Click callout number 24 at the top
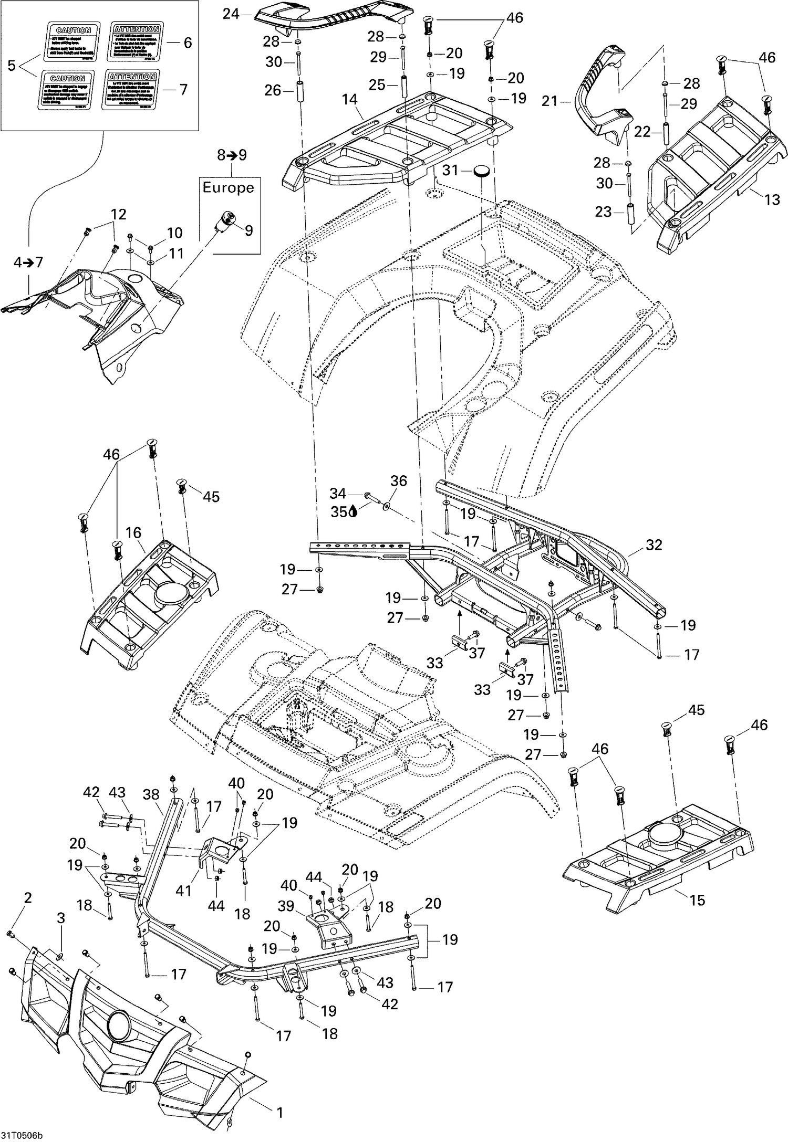tap(231, 14)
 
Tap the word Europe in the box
tap(228, 187)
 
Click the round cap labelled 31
tap(482, 171)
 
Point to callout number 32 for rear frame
tap(654, 545)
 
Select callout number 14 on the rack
tap(349, 99)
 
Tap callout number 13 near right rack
tap(772, 200)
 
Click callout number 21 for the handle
tap(549, 100)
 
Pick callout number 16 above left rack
tap(133, 532)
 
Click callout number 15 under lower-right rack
tap(697, 900)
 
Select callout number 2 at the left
tap(28, 897)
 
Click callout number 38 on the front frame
tap(151, 794)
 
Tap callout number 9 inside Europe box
tap(248, 230)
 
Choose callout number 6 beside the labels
tap(188, 43)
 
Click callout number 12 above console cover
tap(118, 214)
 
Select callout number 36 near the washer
tap(398, 481)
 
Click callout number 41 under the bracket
tap(183, 890)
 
